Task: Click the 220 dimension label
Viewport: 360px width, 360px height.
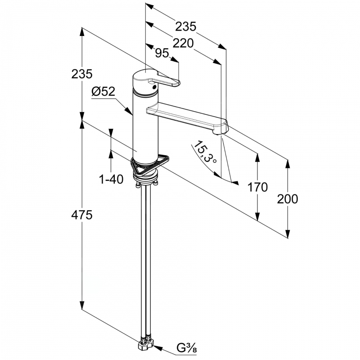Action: coord(183,43)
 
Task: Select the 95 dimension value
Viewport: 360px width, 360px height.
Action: coord(162,53)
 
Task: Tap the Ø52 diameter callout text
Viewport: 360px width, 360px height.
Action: coord(103,92)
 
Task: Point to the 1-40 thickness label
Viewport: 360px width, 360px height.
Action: coord(111,179)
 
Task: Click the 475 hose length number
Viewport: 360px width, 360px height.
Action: coord(82,215)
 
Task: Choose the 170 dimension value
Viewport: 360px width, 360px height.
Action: coord(257,187)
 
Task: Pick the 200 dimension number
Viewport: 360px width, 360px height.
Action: coord(288,199)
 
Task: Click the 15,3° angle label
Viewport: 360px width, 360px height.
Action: coord(204,152)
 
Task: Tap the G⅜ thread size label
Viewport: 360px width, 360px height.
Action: coord(187,348)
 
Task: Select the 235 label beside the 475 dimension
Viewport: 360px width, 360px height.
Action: coord(82,74)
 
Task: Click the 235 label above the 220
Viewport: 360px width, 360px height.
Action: coord(186,27)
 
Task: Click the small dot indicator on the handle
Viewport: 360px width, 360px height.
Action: coord(154,86)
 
